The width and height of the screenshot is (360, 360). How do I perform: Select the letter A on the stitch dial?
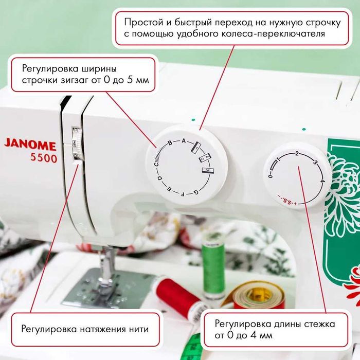click(183, 141)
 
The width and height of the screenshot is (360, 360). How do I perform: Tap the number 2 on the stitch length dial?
click(297, 153)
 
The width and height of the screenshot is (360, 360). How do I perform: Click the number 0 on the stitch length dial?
click(270, 176)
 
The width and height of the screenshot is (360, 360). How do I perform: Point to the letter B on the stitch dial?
click(170, 143)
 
